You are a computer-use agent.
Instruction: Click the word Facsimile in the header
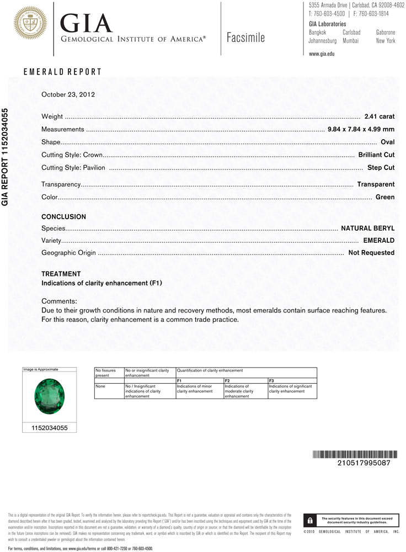245,38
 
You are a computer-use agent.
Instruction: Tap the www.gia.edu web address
322,54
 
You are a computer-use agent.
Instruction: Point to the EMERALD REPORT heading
62,72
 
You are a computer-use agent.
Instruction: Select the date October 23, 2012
68,94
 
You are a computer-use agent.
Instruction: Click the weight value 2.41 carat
380,116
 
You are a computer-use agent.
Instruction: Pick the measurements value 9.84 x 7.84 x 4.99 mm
361,129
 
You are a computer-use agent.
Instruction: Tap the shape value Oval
387,142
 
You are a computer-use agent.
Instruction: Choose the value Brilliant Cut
376,155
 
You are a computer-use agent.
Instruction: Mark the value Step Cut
381,167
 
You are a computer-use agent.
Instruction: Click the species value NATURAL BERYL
367,228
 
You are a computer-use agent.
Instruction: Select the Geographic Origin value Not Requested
371,253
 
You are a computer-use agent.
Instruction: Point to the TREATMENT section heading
61,274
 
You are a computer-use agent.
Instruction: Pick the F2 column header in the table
227,381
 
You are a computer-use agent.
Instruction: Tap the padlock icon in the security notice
311,521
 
